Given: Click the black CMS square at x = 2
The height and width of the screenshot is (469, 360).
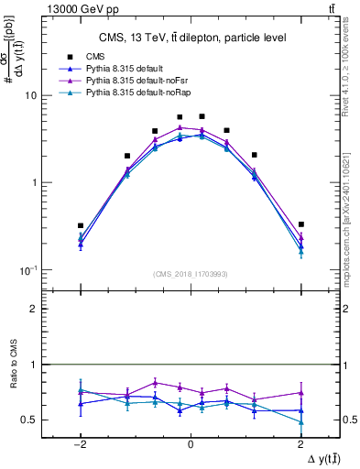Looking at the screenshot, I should pos(301,224).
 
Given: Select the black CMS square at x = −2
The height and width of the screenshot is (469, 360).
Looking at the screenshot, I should pos(81,225).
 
